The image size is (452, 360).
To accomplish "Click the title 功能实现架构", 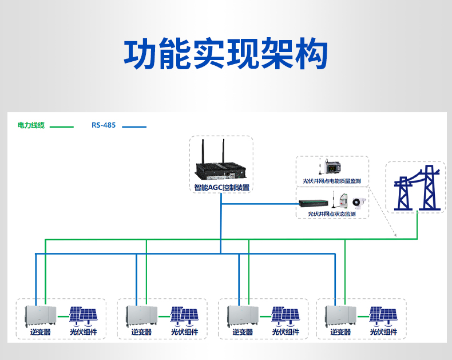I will pyautogui.click(x=225, y=54).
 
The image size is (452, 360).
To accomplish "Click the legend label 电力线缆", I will pyautogui.click(x=31, y=125).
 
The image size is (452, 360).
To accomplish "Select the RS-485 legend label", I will pyautogui.click(x=104, y=125).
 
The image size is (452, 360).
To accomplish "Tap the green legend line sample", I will pyautogui.click(x=62, y=126).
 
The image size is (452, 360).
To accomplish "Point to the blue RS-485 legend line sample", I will pyautogui.click(x=134, y=126).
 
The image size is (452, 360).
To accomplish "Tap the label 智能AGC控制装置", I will pyautogui.click(x=221, y=188).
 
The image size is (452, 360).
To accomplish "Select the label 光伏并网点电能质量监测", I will pyautogui.click(x=332, y=181).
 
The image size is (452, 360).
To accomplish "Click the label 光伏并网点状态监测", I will pyautogui.click(x=332, y=213).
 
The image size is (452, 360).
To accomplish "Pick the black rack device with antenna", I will pyautogui.click(x=313, y=201).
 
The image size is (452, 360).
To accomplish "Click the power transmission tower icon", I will pyautogui.click(x=415, y=188).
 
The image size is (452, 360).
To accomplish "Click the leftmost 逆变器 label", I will pyautogui.click(x=40, y=332).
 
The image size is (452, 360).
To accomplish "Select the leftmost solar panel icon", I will pyautogui.click(x=84, y=315).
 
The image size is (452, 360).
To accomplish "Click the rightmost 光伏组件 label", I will pyautogui.click(x=383, y=332).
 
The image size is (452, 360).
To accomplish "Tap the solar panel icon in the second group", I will pyautogui.click(x=184, y=315).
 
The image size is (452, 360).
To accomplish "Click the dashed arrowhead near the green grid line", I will pyautogui.click(x=395, y=235).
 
